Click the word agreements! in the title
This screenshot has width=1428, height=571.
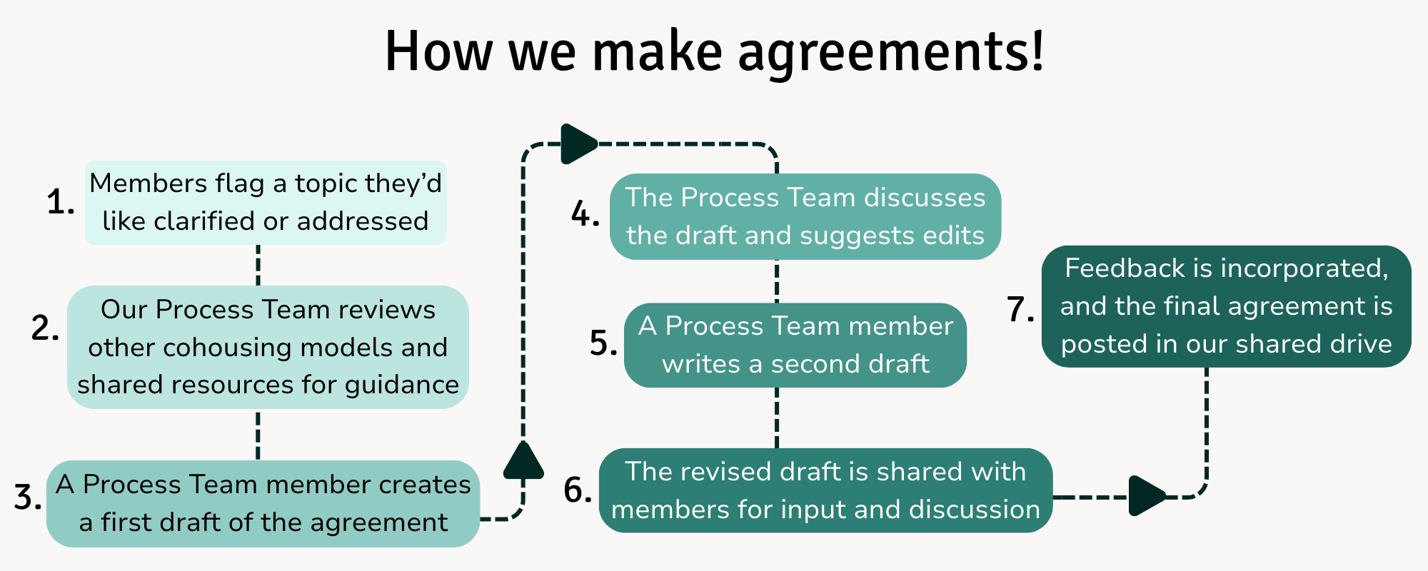pyautogui.click(x=891, y=53)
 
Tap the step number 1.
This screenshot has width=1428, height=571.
pyautogui.click(x=60, y=203)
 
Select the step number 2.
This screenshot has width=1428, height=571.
pyautogui.click(x=45, y=329)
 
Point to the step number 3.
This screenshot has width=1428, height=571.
pyautogui.click(x=27, y=497)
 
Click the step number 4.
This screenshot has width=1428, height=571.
pyautogui.click(x=585, y=215)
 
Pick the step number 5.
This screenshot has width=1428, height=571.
pyautogui.click(x=603, y=343)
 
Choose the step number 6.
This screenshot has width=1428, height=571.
pyautogui.click(x=578, y=490)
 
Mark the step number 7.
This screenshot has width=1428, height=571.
pyautogui.click(x=1020, y=310)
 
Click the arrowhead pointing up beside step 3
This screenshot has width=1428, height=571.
pyautogui.click(x=523, y=460)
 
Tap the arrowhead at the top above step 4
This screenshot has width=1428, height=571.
pyautogui.click(x=578, y=144)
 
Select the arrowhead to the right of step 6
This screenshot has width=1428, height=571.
pyautogui.click(x=1146, y=495)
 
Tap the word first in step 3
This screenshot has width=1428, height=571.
pyautogui.click(x=127, y=522)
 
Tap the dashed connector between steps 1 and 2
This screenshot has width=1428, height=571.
pyautogui.click(x=258, y=265)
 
